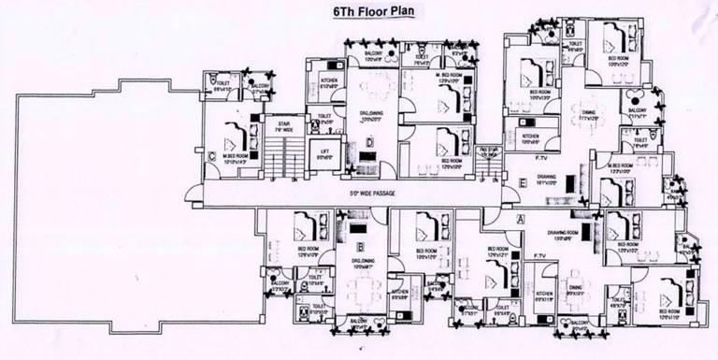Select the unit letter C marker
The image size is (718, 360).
point(215,156)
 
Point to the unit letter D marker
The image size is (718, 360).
point(370,142)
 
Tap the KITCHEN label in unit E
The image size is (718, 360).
point(531,137)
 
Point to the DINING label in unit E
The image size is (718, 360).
point(589,113)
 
